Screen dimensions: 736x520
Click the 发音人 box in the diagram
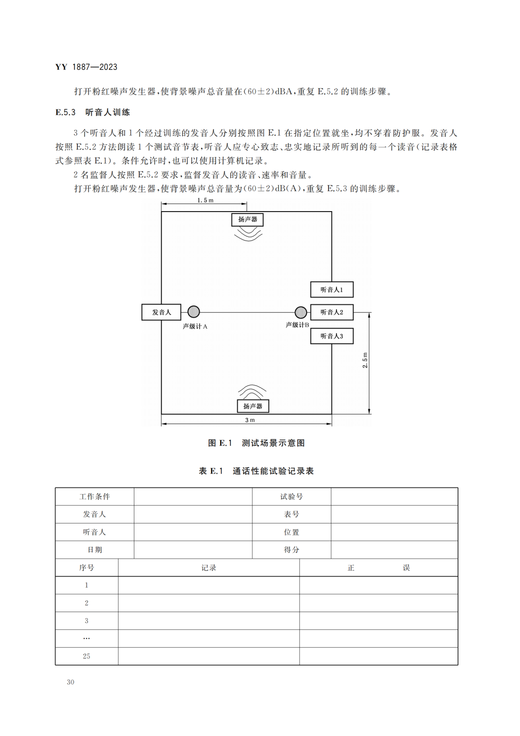[x=161, y=312]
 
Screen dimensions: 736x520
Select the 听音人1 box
[x=332, y=290]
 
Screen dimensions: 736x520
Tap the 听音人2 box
[x=332, y=312]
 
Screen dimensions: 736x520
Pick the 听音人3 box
[x=332, y=336]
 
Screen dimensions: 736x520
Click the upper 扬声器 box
[x=247, y=219]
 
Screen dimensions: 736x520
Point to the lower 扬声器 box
[x=253, y=406]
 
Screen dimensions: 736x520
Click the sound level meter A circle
[x=194, y=312]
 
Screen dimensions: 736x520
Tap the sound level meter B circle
[x=300, y=312]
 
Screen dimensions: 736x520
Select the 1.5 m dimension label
[x=205, y=200]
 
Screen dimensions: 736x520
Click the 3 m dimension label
[x=250, y=420]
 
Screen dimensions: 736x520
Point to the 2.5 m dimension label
[x=365, y=361]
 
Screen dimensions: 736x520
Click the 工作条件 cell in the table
[x=95, y=496]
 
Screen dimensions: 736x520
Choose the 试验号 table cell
[x=292, y=496]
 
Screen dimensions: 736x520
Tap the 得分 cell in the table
[x=292, y=549]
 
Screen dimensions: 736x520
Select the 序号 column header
[x=87, y=568]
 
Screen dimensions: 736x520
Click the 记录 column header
[x=209, y=568]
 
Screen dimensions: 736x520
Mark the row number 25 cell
[x=87, y=656]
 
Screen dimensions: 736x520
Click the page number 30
[x=71, y=682]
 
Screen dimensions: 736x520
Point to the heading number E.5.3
[x=65, y=112]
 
